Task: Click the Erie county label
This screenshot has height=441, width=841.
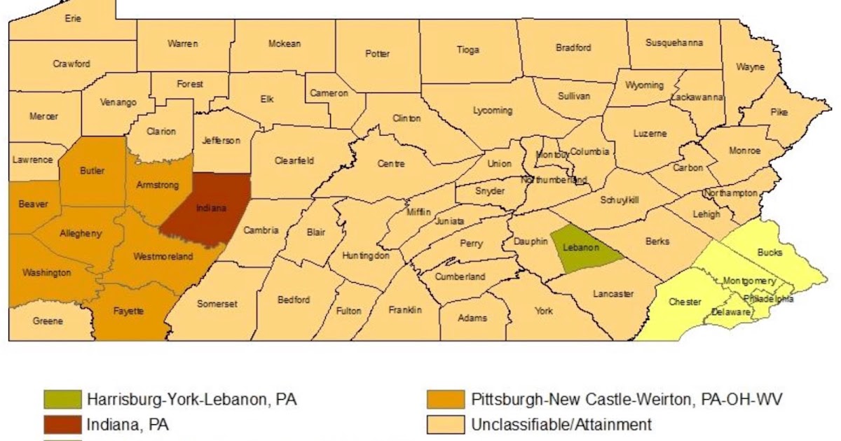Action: [73, 19]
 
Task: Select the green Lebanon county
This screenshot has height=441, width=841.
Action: [584, 248]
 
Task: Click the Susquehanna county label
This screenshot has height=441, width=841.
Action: [674, 43]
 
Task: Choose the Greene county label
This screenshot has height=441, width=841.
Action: [48, 321]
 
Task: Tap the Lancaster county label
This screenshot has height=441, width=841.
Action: [613, 294]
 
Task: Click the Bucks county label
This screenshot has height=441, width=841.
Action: [770, 252]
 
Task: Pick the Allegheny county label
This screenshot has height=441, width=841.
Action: [80, 233]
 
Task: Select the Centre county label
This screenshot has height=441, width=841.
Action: [391, 164]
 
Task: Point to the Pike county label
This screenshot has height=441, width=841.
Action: [779, 112]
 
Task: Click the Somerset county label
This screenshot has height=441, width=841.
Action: [217, 304]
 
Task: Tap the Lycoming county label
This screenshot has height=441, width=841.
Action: [493, 111]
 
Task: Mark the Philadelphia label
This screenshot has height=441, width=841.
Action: [769, 298]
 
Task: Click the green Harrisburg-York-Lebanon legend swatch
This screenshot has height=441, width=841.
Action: [63, 400]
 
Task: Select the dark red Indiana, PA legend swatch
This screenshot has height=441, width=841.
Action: [63, 423]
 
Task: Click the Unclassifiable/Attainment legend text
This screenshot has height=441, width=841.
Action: [561, 423]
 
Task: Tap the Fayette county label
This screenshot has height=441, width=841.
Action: [129, 311]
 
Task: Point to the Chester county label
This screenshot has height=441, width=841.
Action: [685, 302]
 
